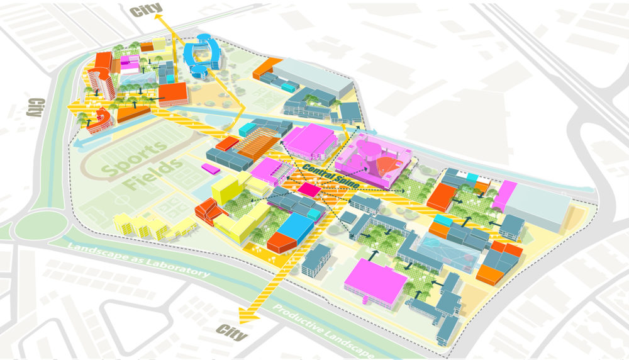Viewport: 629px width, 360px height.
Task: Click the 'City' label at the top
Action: coord(146,9)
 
